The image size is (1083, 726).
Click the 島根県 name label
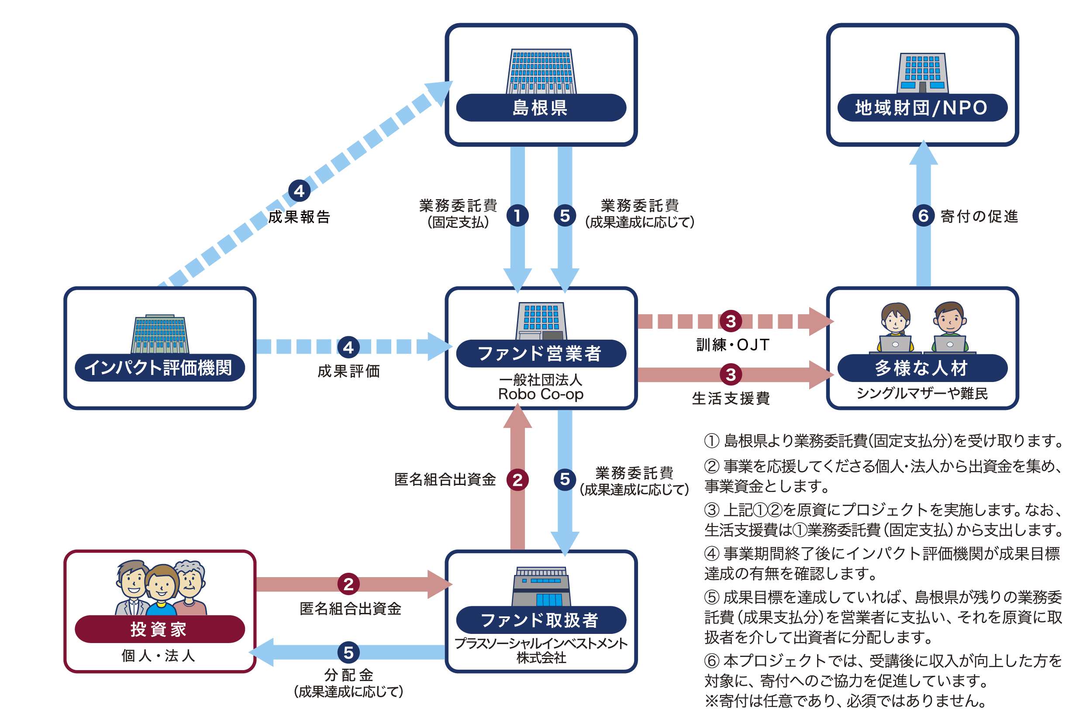pos(541,108)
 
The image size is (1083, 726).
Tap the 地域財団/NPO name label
pos(922,108)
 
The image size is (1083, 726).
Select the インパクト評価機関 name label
pos(160,368)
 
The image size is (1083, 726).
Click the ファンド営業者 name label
pos(541,354)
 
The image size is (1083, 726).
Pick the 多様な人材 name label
pos(922,368)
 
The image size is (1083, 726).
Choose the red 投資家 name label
pos(160,629)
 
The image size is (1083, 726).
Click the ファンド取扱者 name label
pos(541,620)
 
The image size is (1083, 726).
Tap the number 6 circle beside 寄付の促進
pos(923,216)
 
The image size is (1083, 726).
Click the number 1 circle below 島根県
pos(517,216)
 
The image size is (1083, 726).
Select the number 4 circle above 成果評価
pos(348,347)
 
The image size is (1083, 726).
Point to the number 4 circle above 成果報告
pos(299,191)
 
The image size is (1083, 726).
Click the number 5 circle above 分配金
pos(348,652)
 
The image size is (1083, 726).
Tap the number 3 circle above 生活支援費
pos(731,375)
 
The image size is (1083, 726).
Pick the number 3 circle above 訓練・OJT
pos(731,321)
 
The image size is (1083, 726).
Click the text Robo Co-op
pos(541,394)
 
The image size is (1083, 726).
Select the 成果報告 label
pos(299,217)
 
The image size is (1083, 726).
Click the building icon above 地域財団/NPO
pos(922,73)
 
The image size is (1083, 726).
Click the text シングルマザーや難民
pos(922,393)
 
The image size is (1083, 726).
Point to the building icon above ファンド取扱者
pos(541,586)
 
